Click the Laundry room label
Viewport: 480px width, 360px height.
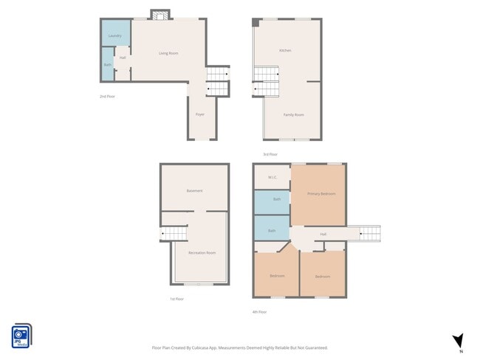coord(114,35)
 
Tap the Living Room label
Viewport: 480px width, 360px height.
coord(168,53)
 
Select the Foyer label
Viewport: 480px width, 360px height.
coord(200,114)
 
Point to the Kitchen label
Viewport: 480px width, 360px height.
coord(285,50)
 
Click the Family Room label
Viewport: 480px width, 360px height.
coord(294,114)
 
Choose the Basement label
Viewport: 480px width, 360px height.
coord(193,190)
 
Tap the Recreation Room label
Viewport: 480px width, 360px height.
coord(202,252)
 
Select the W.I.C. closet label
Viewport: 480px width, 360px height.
coord(272,177)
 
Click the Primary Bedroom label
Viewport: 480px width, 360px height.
coord(321,193)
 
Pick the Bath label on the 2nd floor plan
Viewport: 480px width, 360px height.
coord(107,65)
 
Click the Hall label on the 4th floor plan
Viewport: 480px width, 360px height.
coord(323,235)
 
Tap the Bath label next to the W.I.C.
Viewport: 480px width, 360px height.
coord(277,199)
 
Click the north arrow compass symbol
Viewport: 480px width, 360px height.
coord(458,340)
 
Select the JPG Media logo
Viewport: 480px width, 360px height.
coord(21,336)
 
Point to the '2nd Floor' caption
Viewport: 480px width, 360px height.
coord(108,96)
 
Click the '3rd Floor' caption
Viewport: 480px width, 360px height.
coord(270,154)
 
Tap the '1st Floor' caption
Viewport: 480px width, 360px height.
coord(176,299)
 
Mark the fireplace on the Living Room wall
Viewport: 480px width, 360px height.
coord(160,14)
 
